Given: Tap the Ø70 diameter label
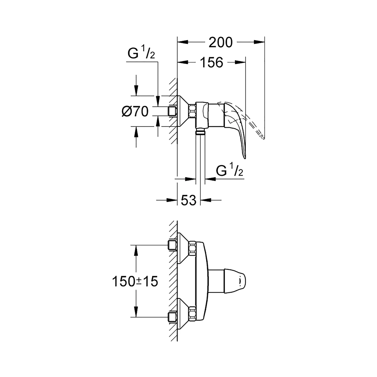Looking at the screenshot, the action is click(135, 111).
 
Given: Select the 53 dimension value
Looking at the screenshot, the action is click(189, 200).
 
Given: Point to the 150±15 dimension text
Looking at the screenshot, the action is click(135, 281).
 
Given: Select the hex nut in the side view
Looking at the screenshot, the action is click(192, 111).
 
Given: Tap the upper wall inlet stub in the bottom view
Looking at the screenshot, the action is click(173, 245).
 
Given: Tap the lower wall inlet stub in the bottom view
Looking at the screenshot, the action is click(173, 317).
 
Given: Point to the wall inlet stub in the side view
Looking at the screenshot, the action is click(173, 111).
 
